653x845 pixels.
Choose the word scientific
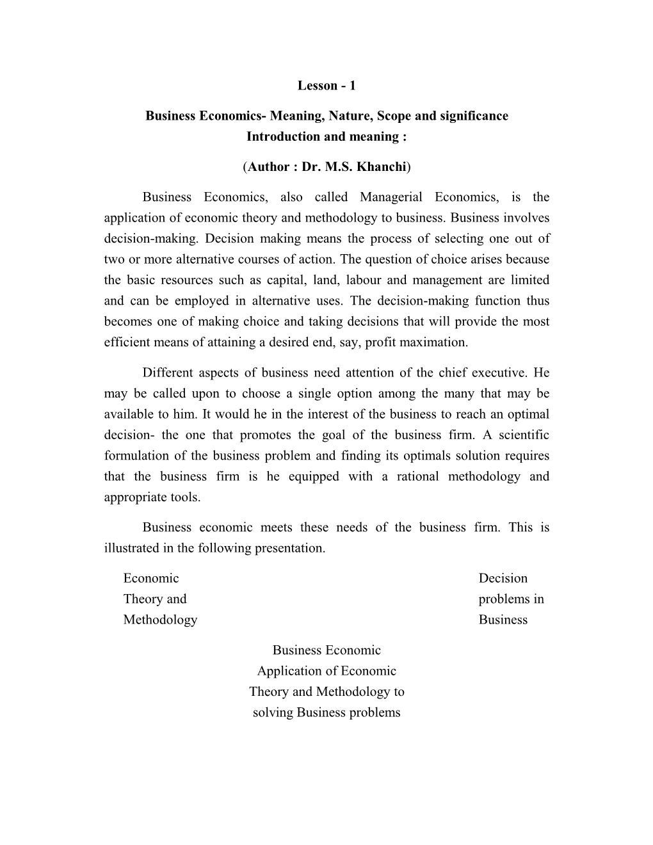[521, 435]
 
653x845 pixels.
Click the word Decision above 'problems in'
[503, 578]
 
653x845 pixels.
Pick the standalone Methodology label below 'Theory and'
[160, 620]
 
